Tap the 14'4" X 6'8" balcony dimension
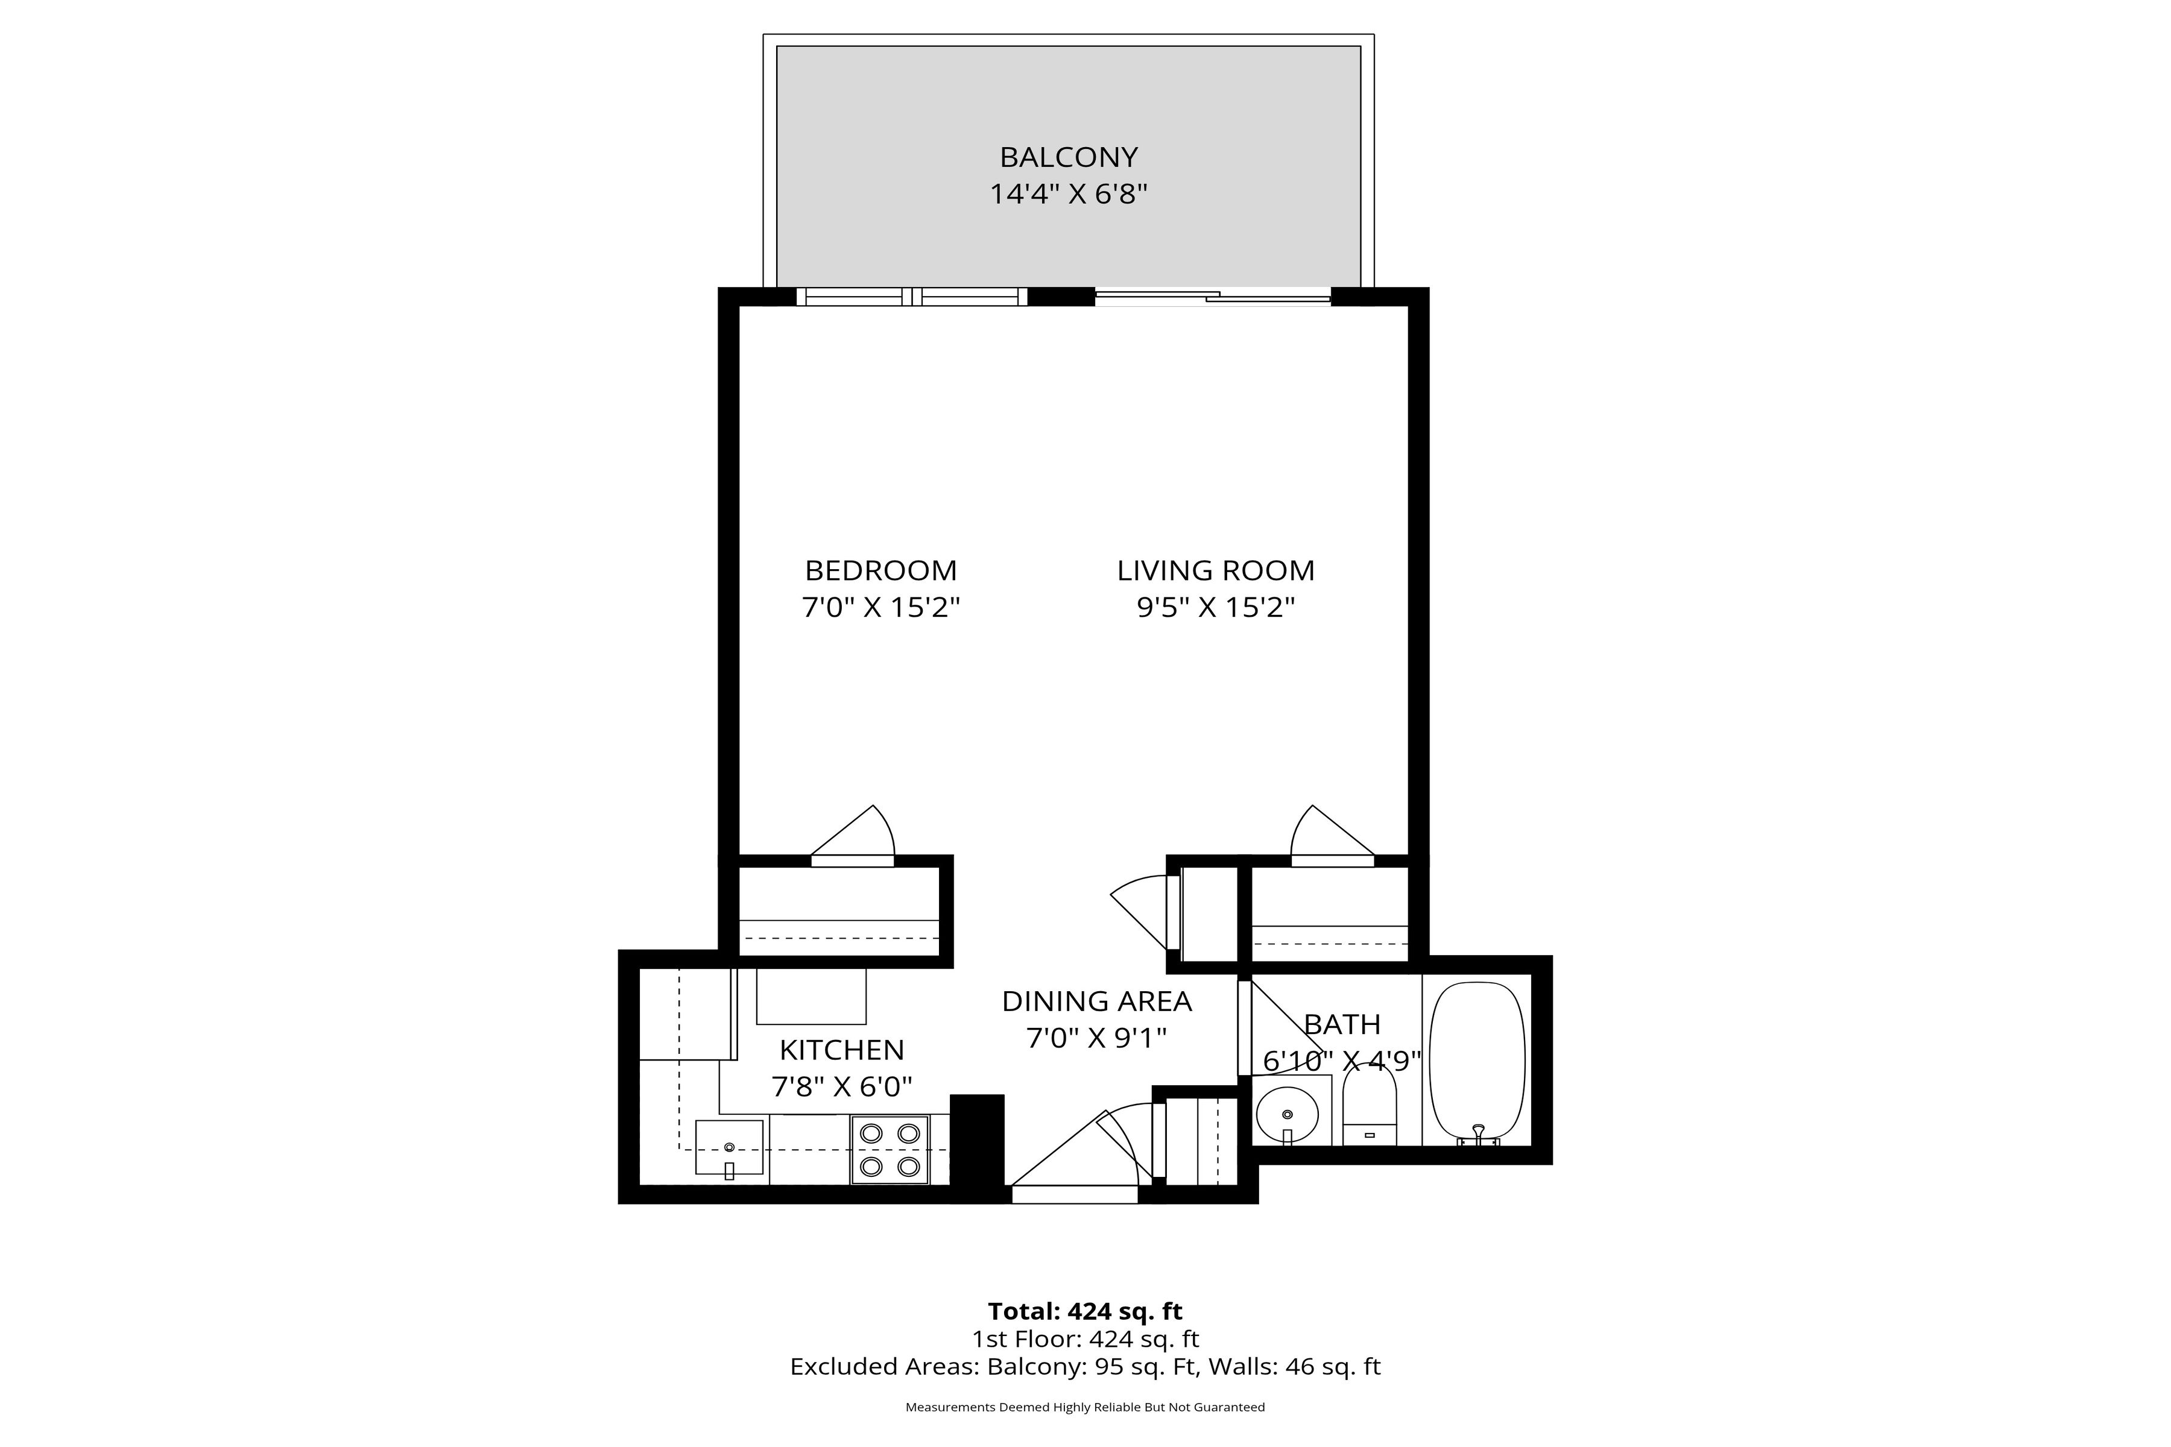pyautogui.click(x=1068, y=195)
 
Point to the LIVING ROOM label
pyautogui.click(x=1216, y=570)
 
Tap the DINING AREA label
pyautogui.click(x=1096, y=1001)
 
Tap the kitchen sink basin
pyautogui.click(x=729, y=1147)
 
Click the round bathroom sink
pyautogui.click(x=1287, y=1115)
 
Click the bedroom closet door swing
pyautogui.click(x=858, y=835)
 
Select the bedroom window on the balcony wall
pyautogui.click(x=911, y=297)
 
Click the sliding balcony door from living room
pyautogui.click(x=1213, y=297)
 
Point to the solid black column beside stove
pyautogui.click(x=976, y=1147)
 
